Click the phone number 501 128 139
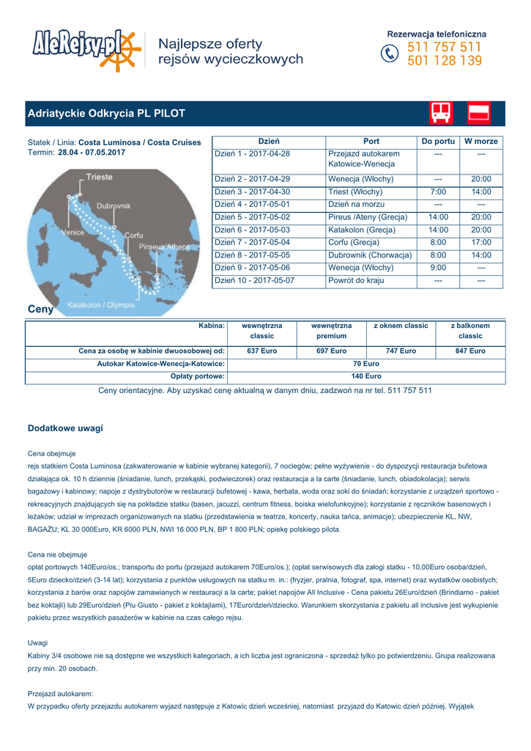pos(445,61)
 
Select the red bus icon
pos(441,113)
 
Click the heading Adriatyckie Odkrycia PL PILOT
pos(106,114)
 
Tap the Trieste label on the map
pos(99,177)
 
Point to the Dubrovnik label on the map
pos(114,206)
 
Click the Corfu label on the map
pos(133,235)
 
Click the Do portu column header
pos(438,141)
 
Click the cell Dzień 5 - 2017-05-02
pos(252,217)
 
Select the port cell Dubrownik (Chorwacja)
pos(370,255)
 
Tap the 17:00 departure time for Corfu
pos(481,243)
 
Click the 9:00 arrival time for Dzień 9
pos(438,268)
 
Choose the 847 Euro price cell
pos(470,351)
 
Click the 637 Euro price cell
pos(261,351)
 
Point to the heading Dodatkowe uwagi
pos(65,428)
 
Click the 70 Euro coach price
pos(365,364)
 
